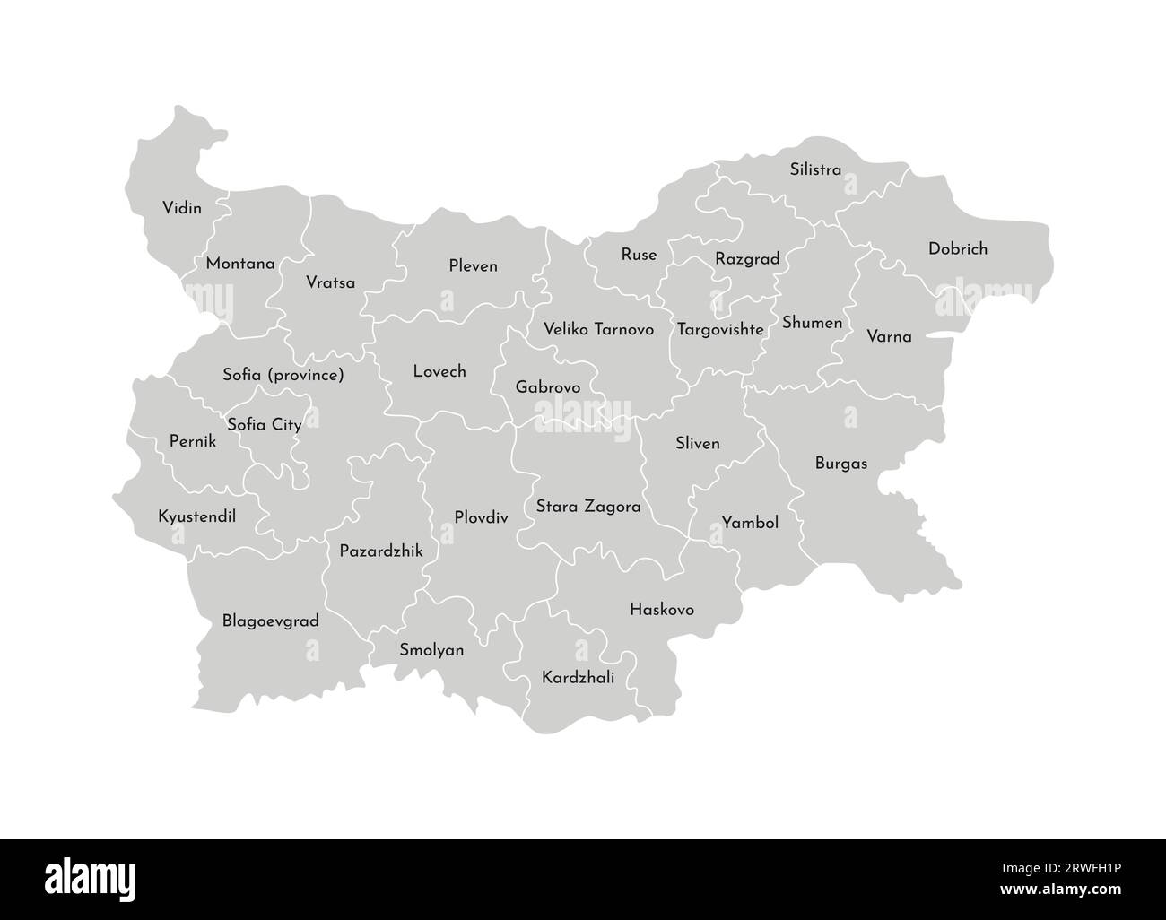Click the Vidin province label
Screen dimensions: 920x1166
click(x=181, y=208)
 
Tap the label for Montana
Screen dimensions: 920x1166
click(x=240, y=264)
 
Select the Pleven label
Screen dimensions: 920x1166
click(x=473, y=266)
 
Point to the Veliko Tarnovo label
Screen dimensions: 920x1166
click(x=599, y=329)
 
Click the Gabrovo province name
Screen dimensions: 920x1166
click(x=547, y=387)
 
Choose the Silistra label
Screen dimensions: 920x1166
click(x=815, y=169)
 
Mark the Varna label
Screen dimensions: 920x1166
click(x=889, y=337)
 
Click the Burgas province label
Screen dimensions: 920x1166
click(x=841, y=464)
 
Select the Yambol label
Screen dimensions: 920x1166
click(x=750, y=523)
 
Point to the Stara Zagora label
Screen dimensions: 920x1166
click(x=588, y=507)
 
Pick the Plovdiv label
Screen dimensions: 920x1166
click(x=481, y=517)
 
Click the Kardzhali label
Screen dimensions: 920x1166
click(x=579, y=678)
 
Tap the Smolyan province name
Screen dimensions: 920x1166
click(x=431, y=650)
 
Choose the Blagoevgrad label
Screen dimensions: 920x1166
click(x=270, y=621)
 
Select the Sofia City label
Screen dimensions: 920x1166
click(x=264, y=424)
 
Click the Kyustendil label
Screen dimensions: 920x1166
click(x=196, y=516)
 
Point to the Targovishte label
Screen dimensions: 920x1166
click(x=720, y=329)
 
